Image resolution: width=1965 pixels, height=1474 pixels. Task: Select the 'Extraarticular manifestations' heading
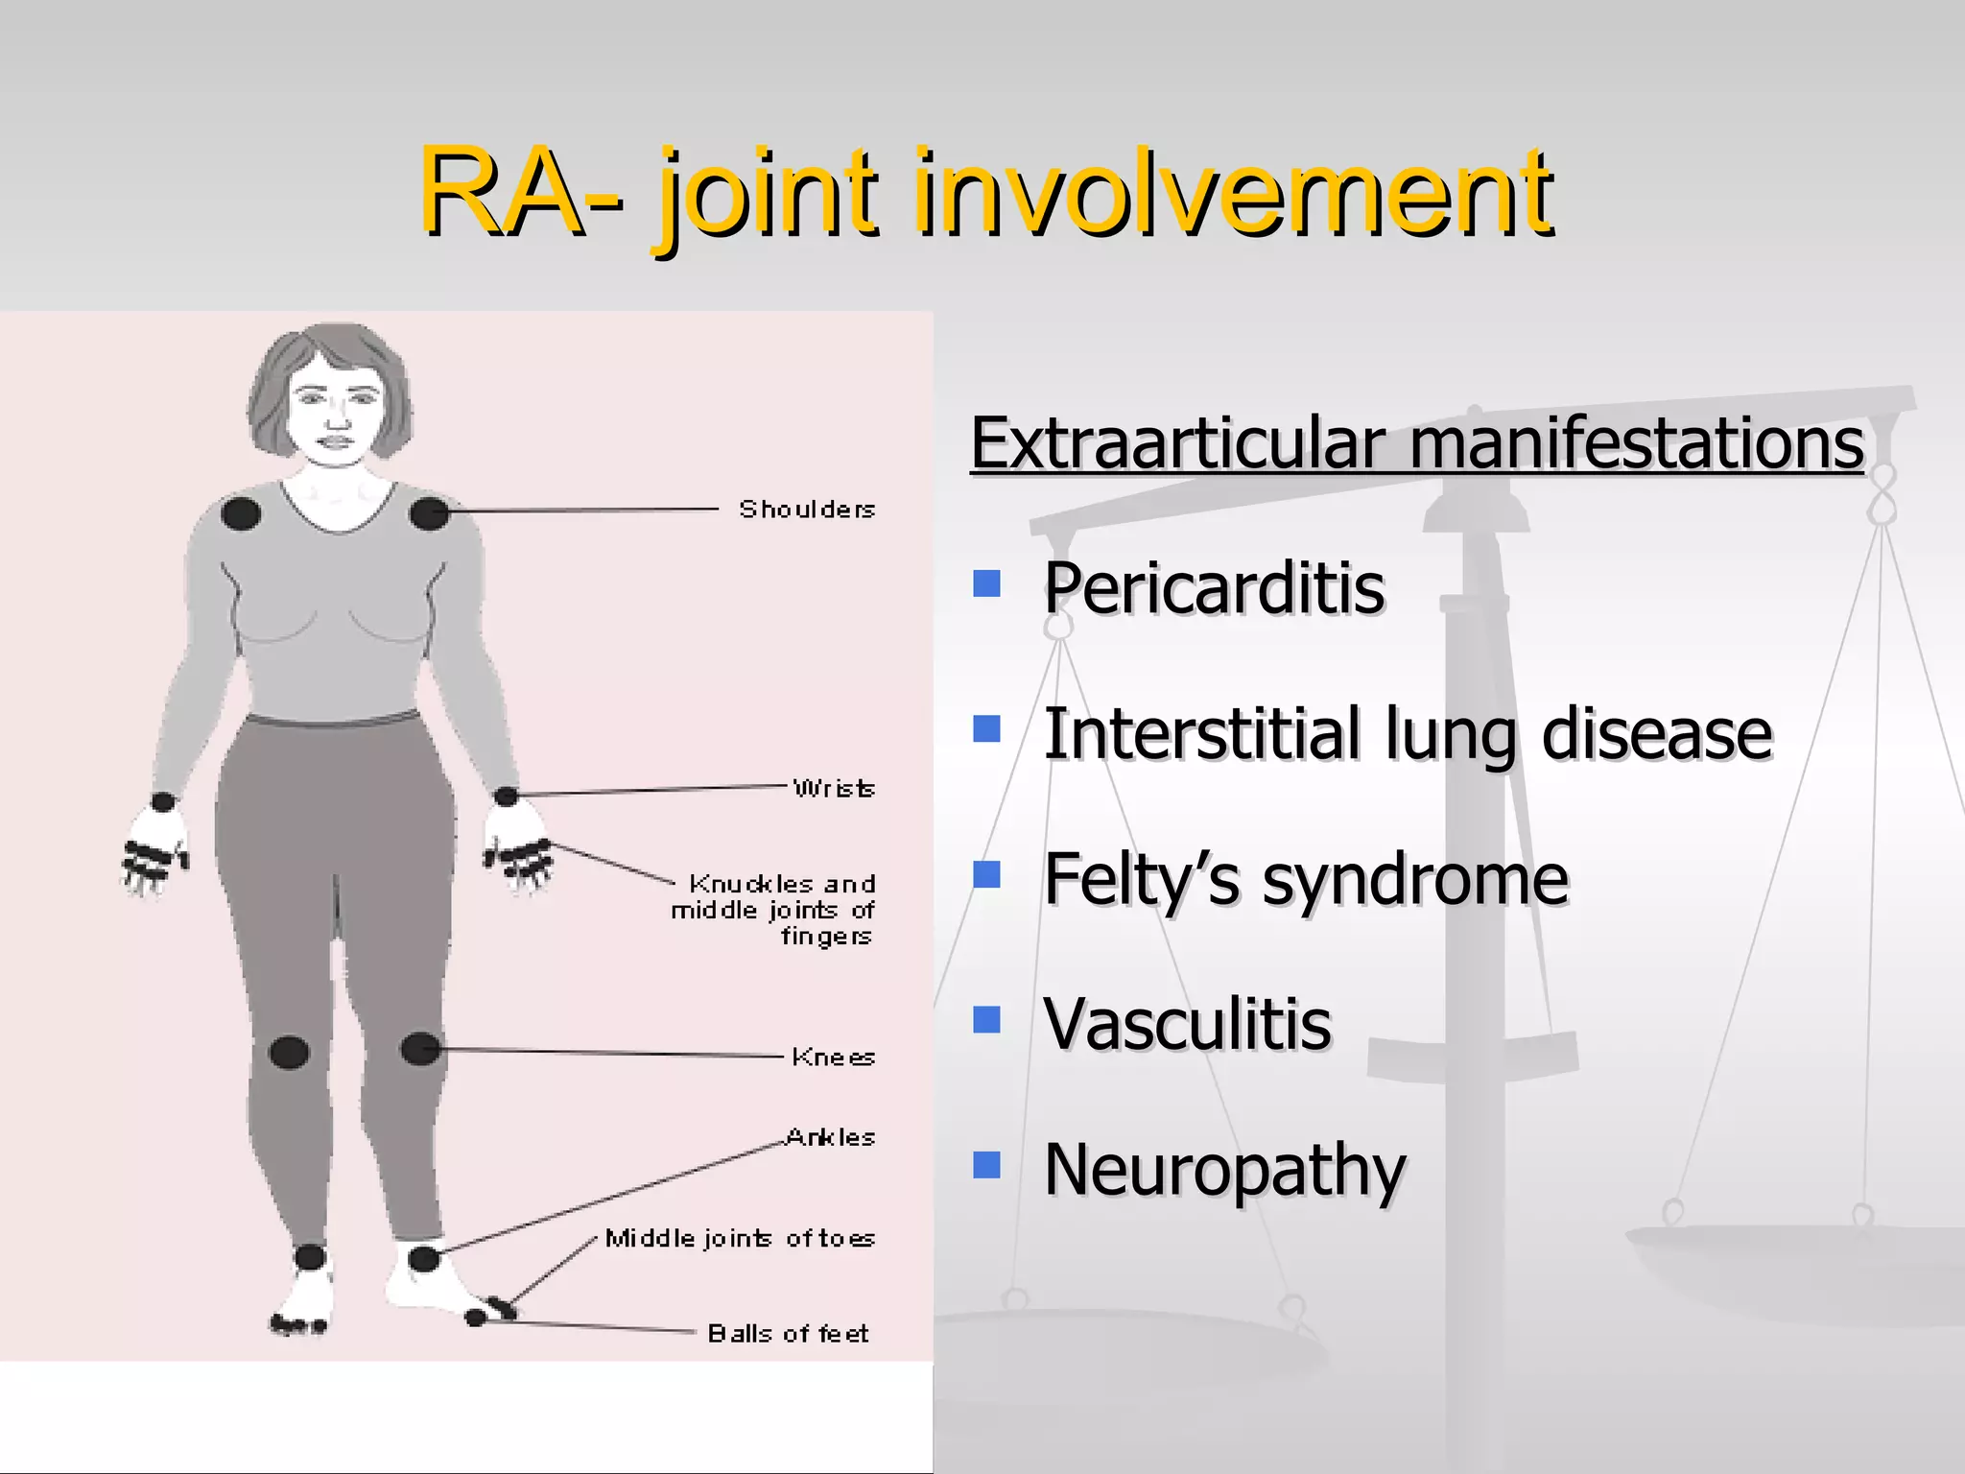1416,443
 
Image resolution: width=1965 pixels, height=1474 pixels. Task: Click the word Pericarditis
1214,587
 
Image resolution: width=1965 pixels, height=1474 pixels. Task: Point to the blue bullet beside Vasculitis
986,1018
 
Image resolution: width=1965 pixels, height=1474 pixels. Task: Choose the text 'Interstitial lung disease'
1407,734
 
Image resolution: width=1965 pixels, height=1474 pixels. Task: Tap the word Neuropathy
1224,1170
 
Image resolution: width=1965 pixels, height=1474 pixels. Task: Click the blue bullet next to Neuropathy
986,1164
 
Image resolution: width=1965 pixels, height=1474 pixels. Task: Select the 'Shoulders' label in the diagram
806,510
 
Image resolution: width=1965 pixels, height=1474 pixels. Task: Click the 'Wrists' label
833,789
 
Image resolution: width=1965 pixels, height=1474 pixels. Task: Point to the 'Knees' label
832,1058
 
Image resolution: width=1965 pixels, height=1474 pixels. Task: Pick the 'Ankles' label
830,1138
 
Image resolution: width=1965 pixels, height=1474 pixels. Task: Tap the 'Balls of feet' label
788,1334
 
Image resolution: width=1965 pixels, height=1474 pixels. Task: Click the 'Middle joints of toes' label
740,1239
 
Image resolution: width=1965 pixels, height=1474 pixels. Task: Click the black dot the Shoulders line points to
429,513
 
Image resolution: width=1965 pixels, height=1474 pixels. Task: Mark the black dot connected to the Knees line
419,1049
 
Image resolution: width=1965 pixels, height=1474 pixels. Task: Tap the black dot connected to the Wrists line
506,796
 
